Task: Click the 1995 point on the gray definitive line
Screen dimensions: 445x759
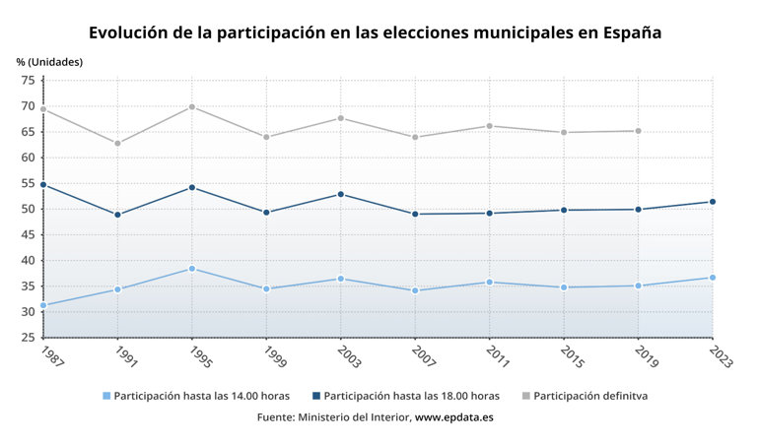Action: click(x=191, y=106)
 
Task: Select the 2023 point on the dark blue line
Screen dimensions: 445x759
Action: click(x=713, y=202)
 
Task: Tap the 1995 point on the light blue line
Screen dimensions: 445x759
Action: click(x=191, y=269)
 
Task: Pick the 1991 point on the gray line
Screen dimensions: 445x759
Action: click(x=117, y=144)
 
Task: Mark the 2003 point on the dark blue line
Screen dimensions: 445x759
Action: click(x=341, y=194)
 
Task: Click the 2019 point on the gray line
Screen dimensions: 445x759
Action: click(x=638, y=131)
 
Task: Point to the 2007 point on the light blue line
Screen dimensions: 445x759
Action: click(x=415, y=290)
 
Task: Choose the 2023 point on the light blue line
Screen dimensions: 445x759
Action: click(x=713, y=278)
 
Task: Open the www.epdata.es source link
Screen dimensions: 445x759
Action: click(x=453, y=417)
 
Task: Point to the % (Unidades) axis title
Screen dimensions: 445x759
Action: click(x=49, y=61)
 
